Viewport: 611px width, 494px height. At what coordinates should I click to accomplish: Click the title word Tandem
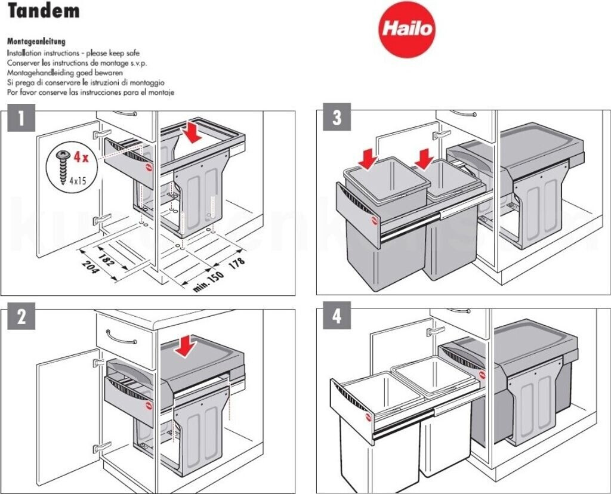click(x=44, y=11)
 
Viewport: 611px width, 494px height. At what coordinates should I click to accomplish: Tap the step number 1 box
click(x=21, y=119)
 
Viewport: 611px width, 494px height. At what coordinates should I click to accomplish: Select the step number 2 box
click(x=21, y=317)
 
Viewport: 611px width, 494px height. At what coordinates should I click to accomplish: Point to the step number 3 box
click(x=337, y=119)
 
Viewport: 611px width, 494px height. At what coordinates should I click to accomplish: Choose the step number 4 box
click(x=337, y=316)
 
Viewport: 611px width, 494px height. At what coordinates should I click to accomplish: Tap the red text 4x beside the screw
click(x=81, y=158)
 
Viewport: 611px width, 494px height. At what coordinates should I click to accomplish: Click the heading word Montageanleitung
click(x=36, y=42)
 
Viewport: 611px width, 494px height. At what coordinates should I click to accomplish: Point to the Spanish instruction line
click(x=90, y=92)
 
